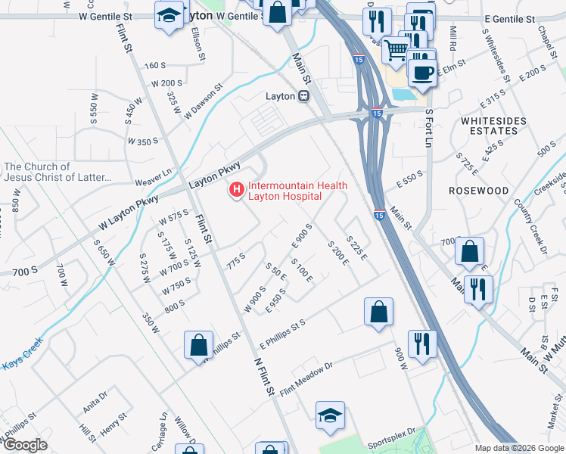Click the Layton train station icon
pos(303,96)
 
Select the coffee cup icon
pos(421,72)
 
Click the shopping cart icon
pos(396,51)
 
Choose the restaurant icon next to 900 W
pos(421,343)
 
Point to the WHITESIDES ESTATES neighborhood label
pos(489,126)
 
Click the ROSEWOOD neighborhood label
pos(478,191)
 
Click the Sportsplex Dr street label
pos(392,438)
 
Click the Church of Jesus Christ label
pos(58,173)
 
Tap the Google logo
pos(25,444)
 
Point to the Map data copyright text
pos(518,447)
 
